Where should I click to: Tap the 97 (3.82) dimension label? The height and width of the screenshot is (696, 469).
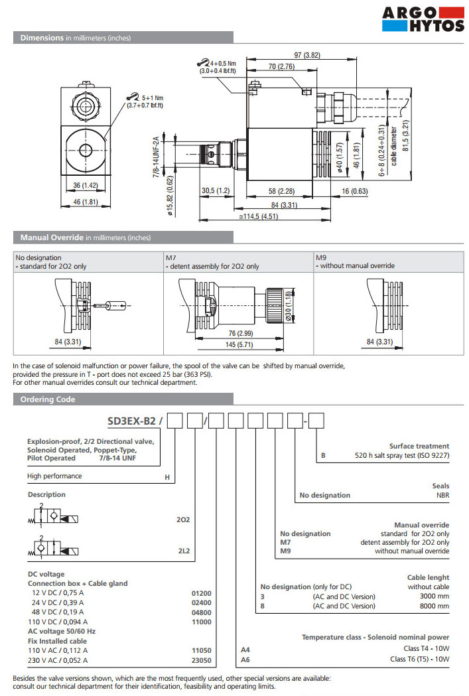point(306,55)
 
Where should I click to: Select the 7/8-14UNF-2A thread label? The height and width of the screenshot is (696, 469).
point(157,157)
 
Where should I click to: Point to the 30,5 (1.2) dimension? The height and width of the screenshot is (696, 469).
point(215,191)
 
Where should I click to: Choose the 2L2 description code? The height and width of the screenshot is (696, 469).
point(183,551)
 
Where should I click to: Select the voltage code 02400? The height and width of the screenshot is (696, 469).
point(201,602)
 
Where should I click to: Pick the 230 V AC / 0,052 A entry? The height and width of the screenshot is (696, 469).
point(60,660)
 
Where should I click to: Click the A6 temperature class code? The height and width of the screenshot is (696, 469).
point(245,660)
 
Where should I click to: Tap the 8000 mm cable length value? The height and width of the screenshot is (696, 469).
point(435,605)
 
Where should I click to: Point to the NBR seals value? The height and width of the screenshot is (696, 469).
point(441,495)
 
